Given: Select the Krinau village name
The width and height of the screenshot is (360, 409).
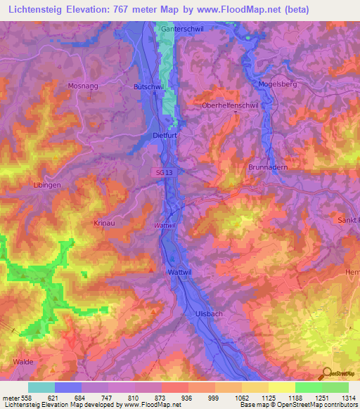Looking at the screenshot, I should coord(105,223).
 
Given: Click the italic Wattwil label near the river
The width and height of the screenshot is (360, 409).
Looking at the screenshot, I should coord(164,225).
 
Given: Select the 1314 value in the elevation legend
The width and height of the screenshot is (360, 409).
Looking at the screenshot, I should coord(347,398).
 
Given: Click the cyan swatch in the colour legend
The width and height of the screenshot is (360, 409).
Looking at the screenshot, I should coord(41,387).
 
